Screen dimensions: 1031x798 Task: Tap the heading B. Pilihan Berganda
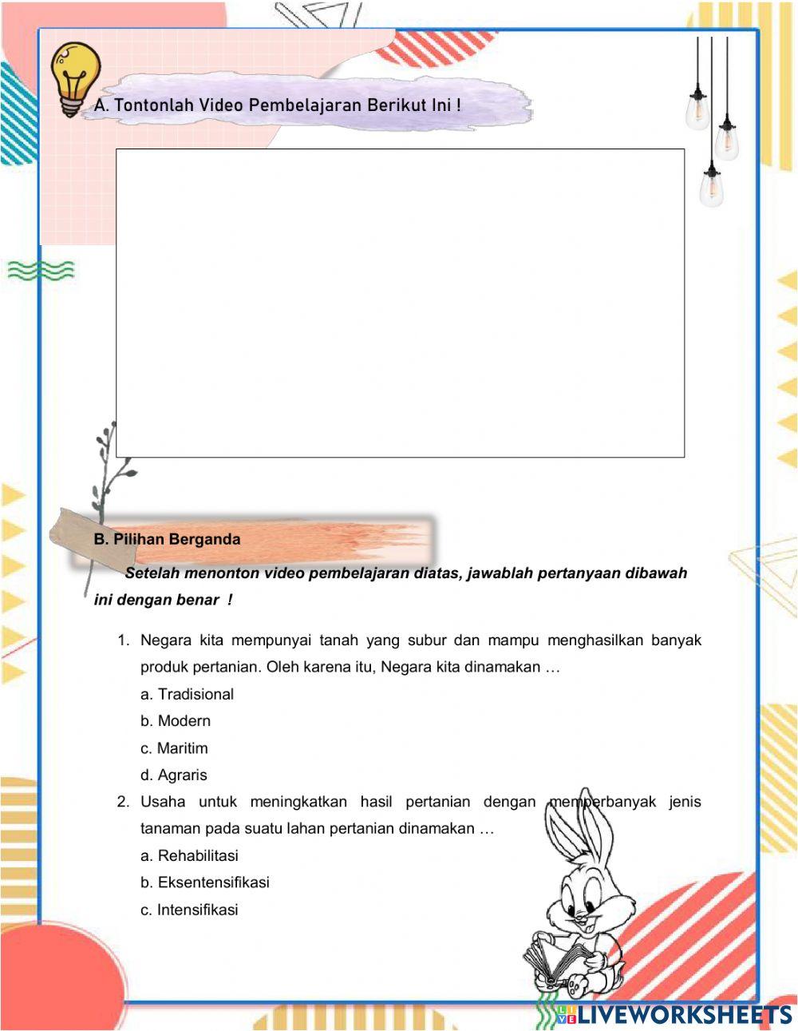[167, 540]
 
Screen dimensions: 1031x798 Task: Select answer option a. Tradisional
[188, 695]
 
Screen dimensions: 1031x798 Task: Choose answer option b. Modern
[176, 721]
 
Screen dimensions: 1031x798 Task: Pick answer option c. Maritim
[174, 749]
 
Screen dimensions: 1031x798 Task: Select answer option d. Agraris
[174, 775]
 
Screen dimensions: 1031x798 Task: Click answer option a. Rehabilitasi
[190, 856]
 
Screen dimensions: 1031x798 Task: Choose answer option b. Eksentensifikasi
[205, 883]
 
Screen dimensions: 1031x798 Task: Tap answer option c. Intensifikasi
[190, 910]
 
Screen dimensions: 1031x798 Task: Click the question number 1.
[123, 640]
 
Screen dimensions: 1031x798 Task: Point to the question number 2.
[123, 802]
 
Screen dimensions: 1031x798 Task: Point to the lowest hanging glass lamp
[711, 185]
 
